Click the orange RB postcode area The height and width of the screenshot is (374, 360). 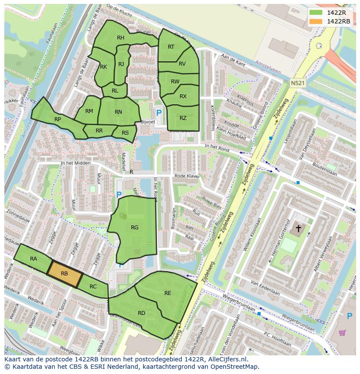pos(64,274)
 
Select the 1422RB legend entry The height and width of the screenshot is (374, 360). pos(330,21)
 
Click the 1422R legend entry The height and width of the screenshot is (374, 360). pos(330,13)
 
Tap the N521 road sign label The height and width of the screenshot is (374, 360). pos(297,82)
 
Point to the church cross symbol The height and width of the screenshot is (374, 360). pos(299,228)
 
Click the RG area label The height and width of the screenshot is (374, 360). pos(135,227)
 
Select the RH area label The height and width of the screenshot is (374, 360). pos(121,38)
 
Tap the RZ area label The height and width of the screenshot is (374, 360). pos(183,118)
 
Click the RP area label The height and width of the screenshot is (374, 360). pos(57,119)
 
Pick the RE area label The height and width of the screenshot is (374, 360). pos(168,293)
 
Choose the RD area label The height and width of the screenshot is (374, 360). pos(141,313)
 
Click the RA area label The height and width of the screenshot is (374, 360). pos(33,259)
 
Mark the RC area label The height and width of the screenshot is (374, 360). pos(93,287)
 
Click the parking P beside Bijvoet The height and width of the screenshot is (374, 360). pos(159,113)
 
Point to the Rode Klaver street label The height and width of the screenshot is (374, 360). pos(187,176)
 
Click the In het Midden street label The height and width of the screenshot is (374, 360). pos(76,163)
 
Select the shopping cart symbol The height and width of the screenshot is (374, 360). pos(343,333)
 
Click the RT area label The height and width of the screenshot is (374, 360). pos(171,47)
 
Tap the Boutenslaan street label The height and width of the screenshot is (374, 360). pos(325,169)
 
